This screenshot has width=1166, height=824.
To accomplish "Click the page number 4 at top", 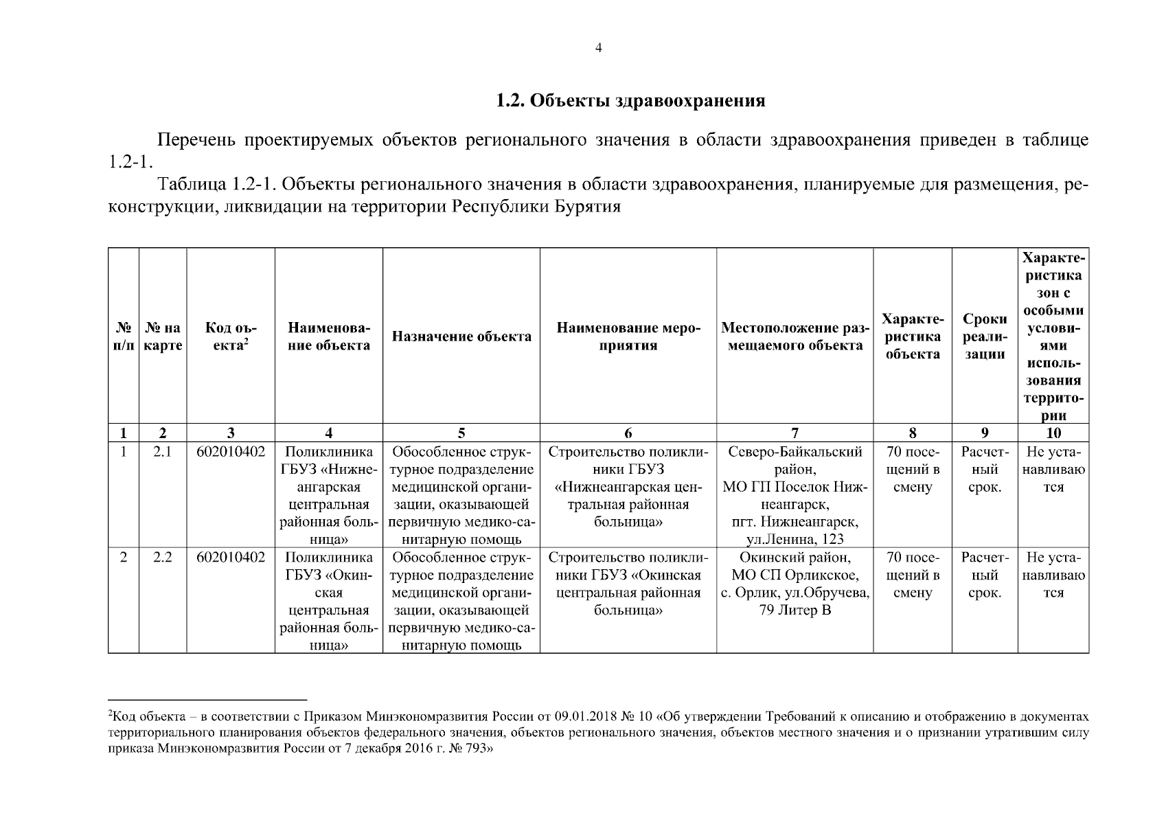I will pyautogui.click(x=598, y=48).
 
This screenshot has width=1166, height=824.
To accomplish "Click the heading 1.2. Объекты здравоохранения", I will pyautogui.click(x=630, y=101).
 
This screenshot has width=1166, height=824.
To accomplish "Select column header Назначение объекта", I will pyautogui.click(x=461, y=336).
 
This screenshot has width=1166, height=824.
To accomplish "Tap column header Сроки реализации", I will pyautogui.click(x=985, y=336).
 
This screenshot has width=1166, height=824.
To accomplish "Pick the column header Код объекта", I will pyautogui.click(x=231, y=336).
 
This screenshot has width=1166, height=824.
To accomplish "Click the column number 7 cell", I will pyautogui.click(x=795, y=433).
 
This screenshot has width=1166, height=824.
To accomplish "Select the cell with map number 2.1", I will pyautogui.click(x=163, y=453).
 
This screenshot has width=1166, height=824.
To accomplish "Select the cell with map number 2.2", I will pyautogui.click(x=163, y=558).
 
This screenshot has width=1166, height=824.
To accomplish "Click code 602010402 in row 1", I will pyautogui.click(x=231, y=453).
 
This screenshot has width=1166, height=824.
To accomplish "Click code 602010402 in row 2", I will pyautogui.click(x=231, y=558).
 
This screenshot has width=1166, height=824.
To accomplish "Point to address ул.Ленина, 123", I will pyautogui.click(x=795, y=540).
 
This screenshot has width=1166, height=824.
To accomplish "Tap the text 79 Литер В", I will pyautogui.click(x=795, y=610).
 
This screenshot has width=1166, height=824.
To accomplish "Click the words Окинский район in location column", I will pyautogui.click(x=795, y=558).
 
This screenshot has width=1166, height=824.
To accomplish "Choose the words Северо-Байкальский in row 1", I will pyautogui.click(x=795, y=453).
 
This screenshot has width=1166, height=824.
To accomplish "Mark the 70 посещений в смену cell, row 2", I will pyautogui.click(x=913, y=575).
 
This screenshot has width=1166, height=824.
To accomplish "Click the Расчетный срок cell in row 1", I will pyautogui.click(x=985, y=470).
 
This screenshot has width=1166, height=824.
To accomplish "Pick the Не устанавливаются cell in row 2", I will pyautogui.click(x=1053, y=575).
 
